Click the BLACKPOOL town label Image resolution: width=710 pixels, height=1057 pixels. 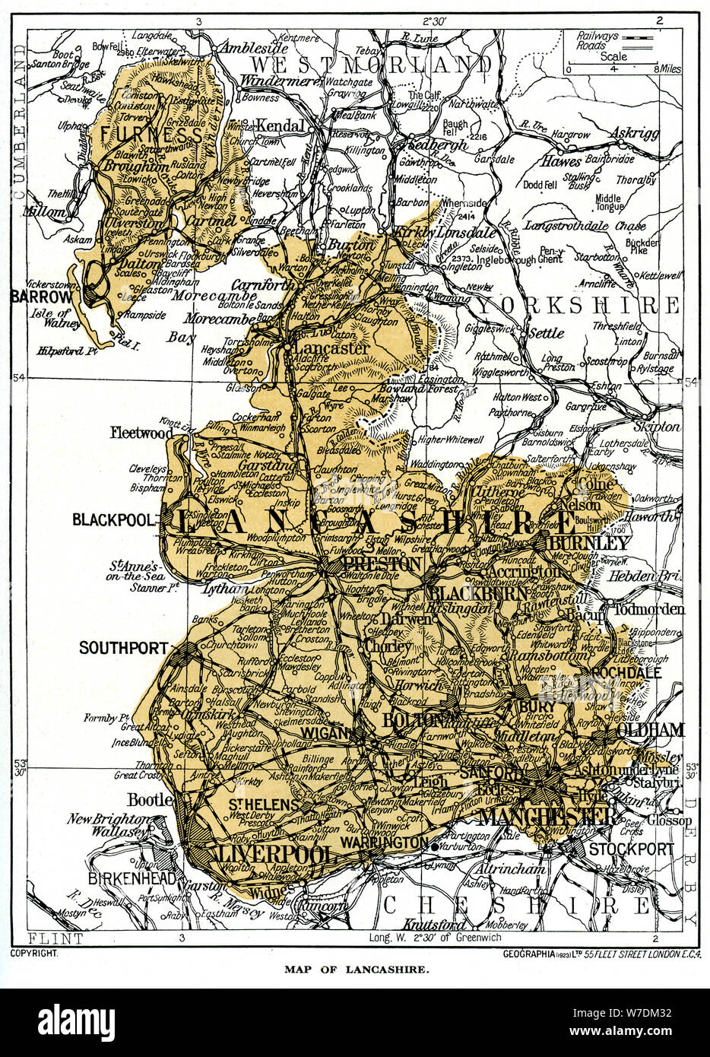click(x=114, y=520)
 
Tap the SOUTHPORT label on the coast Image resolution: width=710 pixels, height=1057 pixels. click(x=122, y=648)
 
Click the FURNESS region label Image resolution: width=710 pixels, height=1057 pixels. click(x=144, y=135)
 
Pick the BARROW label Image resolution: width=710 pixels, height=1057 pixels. click(x=36, y=297)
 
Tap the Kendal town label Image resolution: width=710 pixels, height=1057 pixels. click(x=281, y=125)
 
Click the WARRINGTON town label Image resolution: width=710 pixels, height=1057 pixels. click(x=385, y=843)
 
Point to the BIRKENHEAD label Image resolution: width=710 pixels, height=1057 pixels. click(x=132, y=878)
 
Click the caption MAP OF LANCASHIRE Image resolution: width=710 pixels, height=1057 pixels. click(x=356, y=970)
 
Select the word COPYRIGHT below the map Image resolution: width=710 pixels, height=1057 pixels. click(x=35, y=952)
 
